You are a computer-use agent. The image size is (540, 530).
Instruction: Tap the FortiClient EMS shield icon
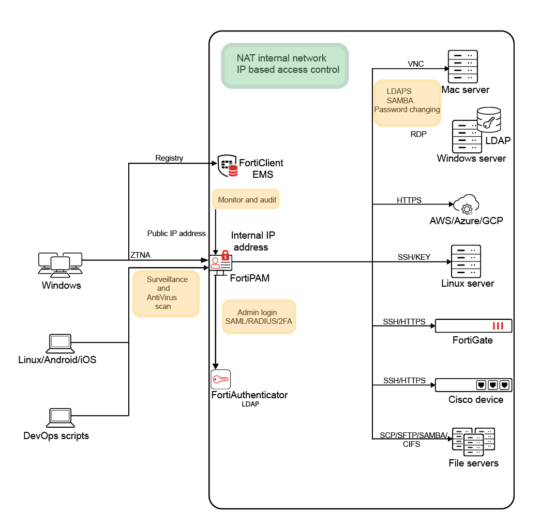coord(228,165)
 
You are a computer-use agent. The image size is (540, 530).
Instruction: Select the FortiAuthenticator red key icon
coord(221,380)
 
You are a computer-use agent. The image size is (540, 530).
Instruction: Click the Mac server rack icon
coord(463,66)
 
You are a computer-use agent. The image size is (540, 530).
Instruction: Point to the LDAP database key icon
coord(489,119)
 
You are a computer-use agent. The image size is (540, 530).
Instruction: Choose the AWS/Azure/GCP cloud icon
coord(467,205)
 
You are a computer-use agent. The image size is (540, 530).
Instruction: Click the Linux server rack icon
coord(466,261)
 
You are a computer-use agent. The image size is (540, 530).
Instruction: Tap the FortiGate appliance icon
coord(473,326)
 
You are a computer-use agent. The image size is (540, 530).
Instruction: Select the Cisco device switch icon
coord(473,385)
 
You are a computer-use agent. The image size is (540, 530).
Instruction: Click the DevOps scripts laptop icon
coord(60,417)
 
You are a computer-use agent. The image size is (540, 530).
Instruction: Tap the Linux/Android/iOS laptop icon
coord(60,342)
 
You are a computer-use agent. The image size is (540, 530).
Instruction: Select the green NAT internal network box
coord(285,65)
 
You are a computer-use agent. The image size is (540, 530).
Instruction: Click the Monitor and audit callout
coord(246,199)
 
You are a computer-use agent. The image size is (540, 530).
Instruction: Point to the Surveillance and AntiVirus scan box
coord(166,293)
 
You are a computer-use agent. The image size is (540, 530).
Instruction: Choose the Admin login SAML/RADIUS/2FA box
coord(259,317)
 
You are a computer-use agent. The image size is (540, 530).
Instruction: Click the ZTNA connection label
coord(140,255)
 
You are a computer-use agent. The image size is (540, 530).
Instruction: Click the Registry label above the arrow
coord(169,158)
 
